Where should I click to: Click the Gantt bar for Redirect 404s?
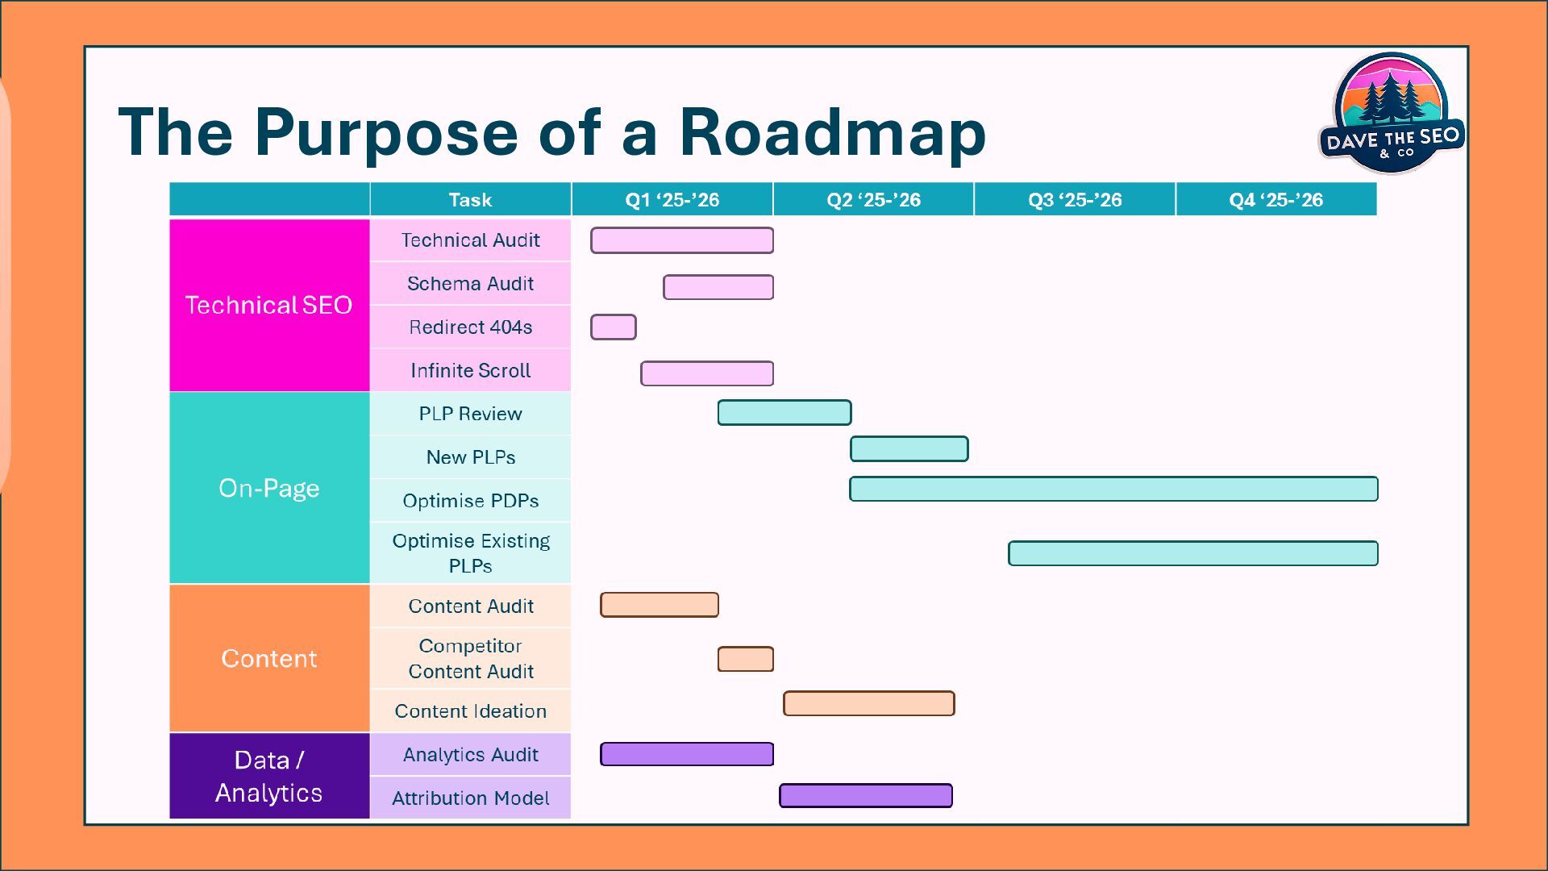(613, 327)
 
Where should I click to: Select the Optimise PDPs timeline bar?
(1113, 489)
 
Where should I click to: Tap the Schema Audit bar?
(718, 287)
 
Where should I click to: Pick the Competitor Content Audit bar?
(745, 659)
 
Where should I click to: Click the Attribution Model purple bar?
(865, 796)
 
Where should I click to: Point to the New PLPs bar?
(909, 449)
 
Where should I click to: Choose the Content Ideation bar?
(868, 703)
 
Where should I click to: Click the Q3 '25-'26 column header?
(1074, 200)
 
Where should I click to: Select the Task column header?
(470, 200)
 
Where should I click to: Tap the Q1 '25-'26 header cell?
(672, 200)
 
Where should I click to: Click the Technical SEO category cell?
(268, 305)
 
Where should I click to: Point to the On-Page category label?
(268, 488)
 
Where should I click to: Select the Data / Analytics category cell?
(268, 776)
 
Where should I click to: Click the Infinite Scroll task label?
(470, 371)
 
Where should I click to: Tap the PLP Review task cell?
(470, 414)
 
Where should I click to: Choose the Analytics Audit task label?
(470, 755)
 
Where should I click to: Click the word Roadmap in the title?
(832, 133)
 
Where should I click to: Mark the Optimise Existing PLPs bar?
(1192, 553)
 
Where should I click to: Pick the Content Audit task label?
(470, 606)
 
